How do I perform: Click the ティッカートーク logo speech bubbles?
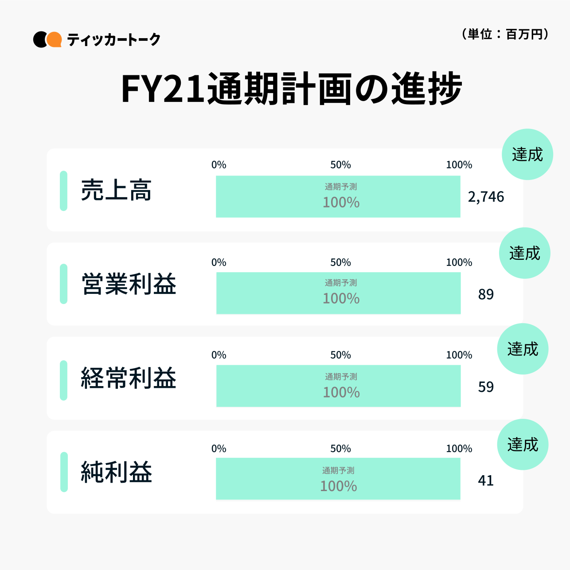click(x=47, y=39)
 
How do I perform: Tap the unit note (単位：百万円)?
click(x=505, y=34)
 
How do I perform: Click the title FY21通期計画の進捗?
click(x=291, y=89)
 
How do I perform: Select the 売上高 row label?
click(x=116, y=191)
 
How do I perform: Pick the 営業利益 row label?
click(x=129, y=284)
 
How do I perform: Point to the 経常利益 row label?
click(x=129, y=378)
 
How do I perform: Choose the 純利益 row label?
click(x=116, y=472)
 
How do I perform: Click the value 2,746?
click(x=486, y=197)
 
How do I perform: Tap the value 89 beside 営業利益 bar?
click(x=486, y=294)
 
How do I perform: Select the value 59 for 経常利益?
click(x=486, y=387)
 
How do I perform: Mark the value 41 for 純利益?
click(x=486, y=480)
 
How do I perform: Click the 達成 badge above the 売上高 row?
click(x=527, y=154)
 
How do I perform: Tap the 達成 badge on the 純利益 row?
click(x=523, y=444)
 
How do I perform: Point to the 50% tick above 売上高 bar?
click(x=340, y=165)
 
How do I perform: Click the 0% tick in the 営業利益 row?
click(x=219, y=262)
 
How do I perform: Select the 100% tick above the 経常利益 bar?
click(x=459, y=355)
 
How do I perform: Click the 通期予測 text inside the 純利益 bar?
click(x=338, y=470)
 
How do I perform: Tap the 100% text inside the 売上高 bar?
click(x=341, y=203)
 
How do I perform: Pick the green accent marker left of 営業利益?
click(x=63, y=284)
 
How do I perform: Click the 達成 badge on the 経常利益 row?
click(x=523, y=349)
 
